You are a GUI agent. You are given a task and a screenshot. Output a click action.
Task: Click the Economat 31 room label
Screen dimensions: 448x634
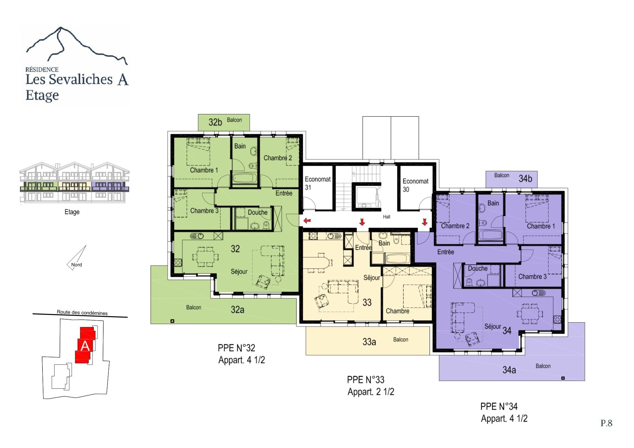pyautogui.click(x=317, y=183)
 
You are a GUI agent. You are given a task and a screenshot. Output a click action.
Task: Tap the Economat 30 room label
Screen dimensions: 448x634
pyautogui.click(x=415, y=185)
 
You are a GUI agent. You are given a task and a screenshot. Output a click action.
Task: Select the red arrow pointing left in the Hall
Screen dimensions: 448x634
pyautogui.click(x=307, y=221)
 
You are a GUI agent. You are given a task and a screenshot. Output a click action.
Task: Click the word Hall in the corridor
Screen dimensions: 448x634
pyautogui.click(x=386, y=217)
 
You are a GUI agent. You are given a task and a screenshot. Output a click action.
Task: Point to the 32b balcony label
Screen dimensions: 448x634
pyautogui.click(x=215, y=122)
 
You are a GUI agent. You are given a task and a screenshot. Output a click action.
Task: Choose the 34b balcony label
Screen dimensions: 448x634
pyautogui.click(x=525, y=179)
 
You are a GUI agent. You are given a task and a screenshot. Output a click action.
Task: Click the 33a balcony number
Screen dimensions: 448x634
pyautogui.click(x=369, y=342)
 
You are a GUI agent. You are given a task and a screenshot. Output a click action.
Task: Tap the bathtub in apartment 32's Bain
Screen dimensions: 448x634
pyautogui.click(x=245, y=178)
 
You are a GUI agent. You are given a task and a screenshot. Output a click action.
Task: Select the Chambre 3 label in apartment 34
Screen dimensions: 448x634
pyautogui.click(x=532, y=277)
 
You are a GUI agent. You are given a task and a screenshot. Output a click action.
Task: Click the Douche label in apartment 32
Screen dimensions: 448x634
pyautogui.click(x=257, y=212)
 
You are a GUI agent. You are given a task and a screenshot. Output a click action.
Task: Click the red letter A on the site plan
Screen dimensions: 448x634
pyautogui.click(x=85, y=346)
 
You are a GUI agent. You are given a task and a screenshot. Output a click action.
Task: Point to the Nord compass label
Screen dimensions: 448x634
pyautogui.click(x=76, y=265)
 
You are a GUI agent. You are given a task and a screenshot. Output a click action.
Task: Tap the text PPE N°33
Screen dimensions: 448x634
pyautogui.click(x=366, y=380)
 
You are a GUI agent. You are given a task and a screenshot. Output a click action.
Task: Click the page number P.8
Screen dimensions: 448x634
pyautogui.click(x=606, y=423)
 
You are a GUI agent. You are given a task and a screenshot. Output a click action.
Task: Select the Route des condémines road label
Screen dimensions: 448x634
pyautogui.click(x=82, y=313)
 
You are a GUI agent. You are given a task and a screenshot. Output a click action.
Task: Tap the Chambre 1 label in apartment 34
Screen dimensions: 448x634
pyautogui.click(x=541, y=226)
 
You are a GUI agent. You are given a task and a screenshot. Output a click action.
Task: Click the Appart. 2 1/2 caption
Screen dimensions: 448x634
pyautogui.click(x=371, y=392)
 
